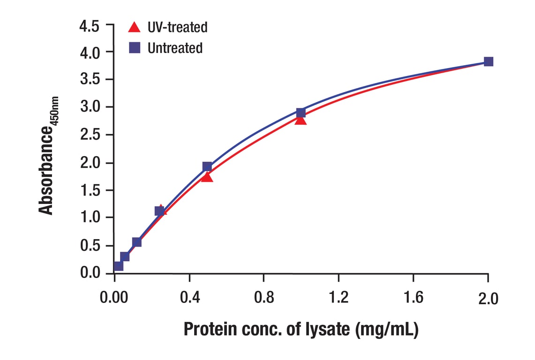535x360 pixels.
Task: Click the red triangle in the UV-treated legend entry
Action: coord(134,27)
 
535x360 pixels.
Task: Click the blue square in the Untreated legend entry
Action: coord(135,48)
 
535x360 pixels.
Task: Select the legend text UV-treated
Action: coord(177,27)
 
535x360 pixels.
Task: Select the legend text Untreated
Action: coord(175,48)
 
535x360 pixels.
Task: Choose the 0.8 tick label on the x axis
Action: coord(264,298)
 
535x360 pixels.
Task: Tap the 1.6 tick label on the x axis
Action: coord(413,298)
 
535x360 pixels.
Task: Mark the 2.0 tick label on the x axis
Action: coord(488,299)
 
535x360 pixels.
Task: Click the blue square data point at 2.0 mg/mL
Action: coord(488,61)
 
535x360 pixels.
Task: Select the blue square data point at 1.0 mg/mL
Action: coord(301,112)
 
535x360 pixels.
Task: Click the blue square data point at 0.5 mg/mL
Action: coord(207,166)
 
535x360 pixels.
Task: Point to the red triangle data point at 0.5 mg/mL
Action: coord(207,177)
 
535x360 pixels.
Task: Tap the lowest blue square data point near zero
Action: coord(119,266)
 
